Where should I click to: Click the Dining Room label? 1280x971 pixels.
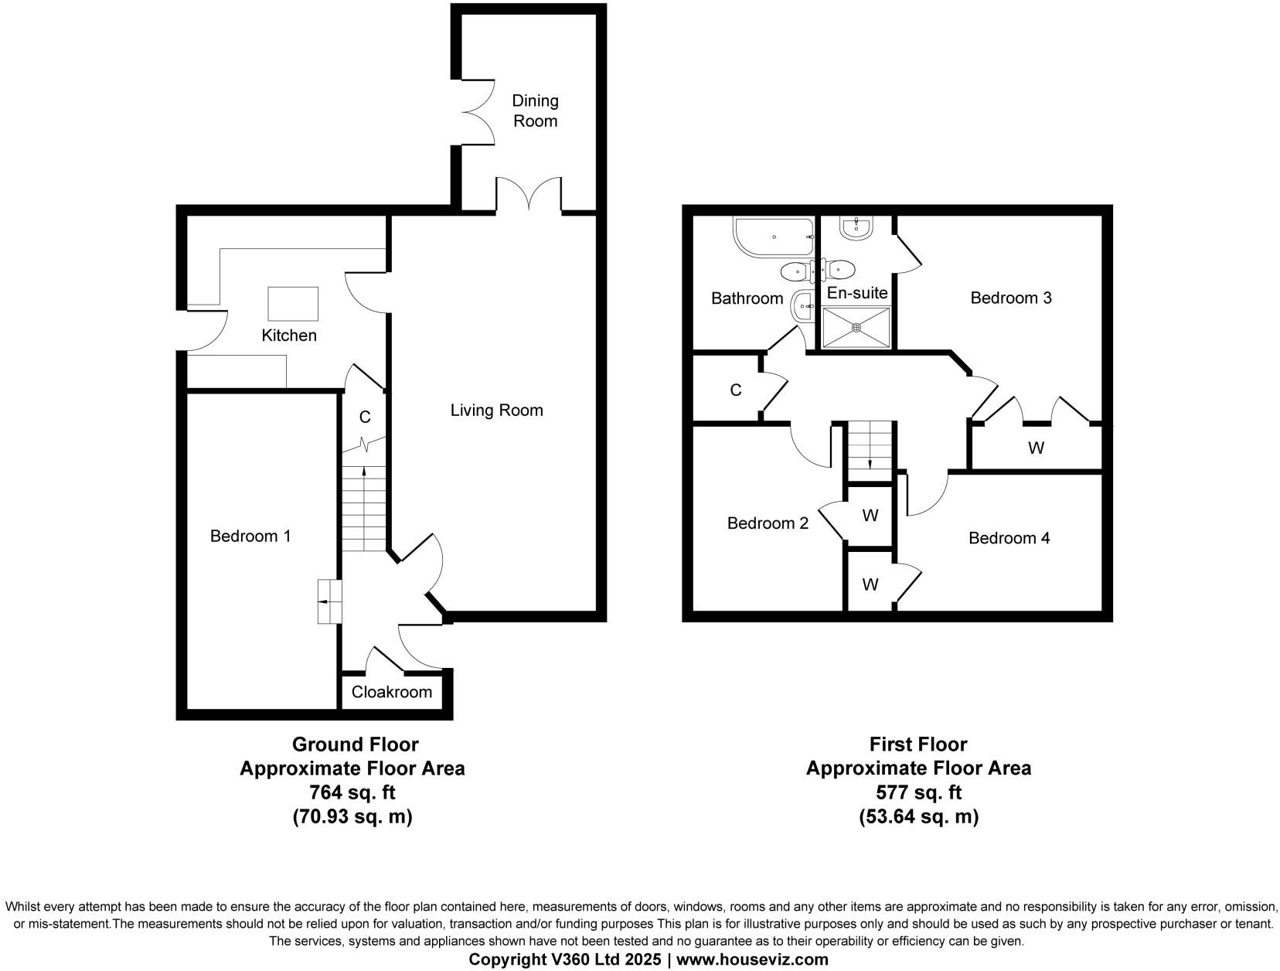click(535, 111)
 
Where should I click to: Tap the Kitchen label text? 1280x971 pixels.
click(289, 336)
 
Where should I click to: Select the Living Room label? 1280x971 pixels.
click(496, 411)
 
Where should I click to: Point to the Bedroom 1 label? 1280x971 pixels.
click(250, 536)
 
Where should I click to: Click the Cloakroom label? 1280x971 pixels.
click(391, 692)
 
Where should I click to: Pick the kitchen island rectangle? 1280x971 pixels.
click(293, 303)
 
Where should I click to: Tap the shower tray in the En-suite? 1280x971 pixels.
click(856, 327)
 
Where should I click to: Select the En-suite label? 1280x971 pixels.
click(857, 294)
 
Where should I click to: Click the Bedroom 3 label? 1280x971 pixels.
click(1010, 298)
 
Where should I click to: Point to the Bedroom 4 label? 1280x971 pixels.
click(1009, 538)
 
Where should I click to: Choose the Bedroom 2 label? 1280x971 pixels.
click(768, 523)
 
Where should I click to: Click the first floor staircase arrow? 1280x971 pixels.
click(870, 463)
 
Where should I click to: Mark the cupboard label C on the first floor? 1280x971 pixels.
click(735, 390)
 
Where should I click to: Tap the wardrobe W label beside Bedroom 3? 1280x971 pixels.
click(1036, 448)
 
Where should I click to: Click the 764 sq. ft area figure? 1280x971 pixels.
click(352, 792)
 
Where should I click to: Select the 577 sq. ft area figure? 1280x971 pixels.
click(918, 792)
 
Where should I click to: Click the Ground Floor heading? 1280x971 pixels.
click(355, 744)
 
